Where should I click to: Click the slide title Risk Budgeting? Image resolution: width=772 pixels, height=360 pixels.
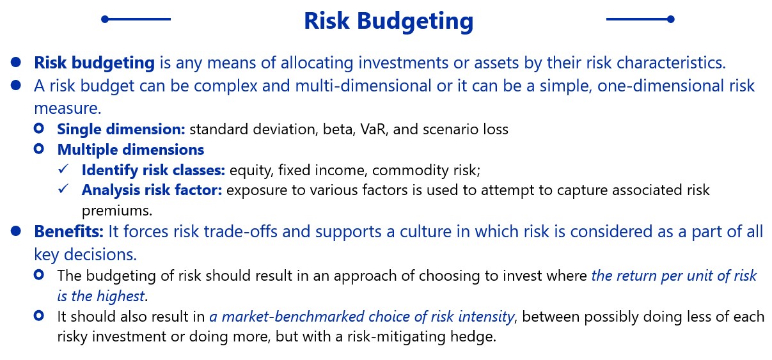(x=388, y=21)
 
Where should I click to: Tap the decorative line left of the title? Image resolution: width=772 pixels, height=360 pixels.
(x=136, y=19)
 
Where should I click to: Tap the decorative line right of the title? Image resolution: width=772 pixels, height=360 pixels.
(x=640, y=19)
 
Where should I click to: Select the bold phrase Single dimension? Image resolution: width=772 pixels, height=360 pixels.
(x=121, y=130)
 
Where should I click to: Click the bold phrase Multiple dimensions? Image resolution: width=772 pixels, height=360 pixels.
(x=130, y=150)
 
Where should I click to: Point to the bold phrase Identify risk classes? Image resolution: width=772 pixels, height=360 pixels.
(x=154, y=170)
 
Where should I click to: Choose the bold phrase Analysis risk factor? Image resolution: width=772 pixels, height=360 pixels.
(x=152, y=190)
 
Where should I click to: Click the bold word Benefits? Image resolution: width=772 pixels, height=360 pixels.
(x=69, y=231)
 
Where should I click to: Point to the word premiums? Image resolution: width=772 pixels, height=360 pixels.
(x=117, y=211)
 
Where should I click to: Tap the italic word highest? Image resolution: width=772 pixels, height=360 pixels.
(x=120, y=296)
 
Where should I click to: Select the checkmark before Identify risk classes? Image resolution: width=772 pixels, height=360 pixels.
(x=63, y=169)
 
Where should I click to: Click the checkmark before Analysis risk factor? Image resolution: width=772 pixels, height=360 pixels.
(x=63, y=189)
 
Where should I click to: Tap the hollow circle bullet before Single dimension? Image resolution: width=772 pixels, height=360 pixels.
(x=39, y=128)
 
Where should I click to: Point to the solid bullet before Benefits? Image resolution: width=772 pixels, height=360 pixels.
(x=16, y=231)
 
